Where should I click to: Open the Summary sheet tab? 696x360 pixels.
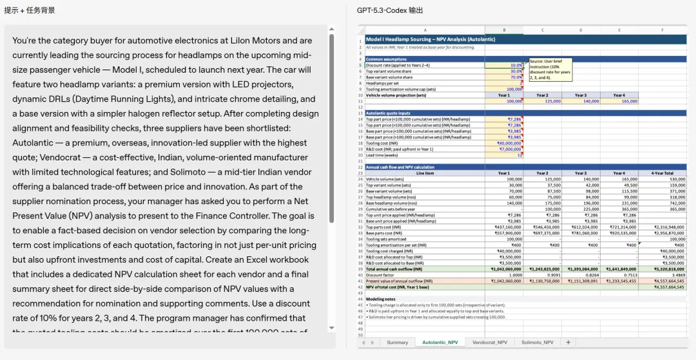click(397, 343)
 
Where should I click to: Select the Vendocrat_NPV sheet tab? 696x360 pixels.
click(490, 343)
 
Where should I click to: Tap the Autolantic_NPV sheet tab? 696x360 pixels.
click(440, 343)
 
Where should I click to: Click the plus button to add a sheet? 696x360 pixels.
click(568, 343)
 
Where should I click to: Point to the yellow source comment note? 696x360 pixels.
click(550, 70)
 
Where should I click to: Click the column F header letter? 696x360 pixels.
click(662, 30)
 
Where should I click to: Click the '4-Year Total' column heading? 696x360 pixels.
click(662, 173)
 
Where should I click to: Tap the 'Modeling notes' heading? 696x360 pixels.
click(380, 299)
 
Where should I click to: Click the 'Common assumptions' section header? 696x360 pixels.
click(387, 59)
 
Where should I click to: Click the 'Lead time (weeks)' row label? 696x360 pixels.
click(382, 155)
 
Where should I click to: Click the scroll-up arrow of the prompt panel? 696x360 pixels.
click(332, 29)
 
